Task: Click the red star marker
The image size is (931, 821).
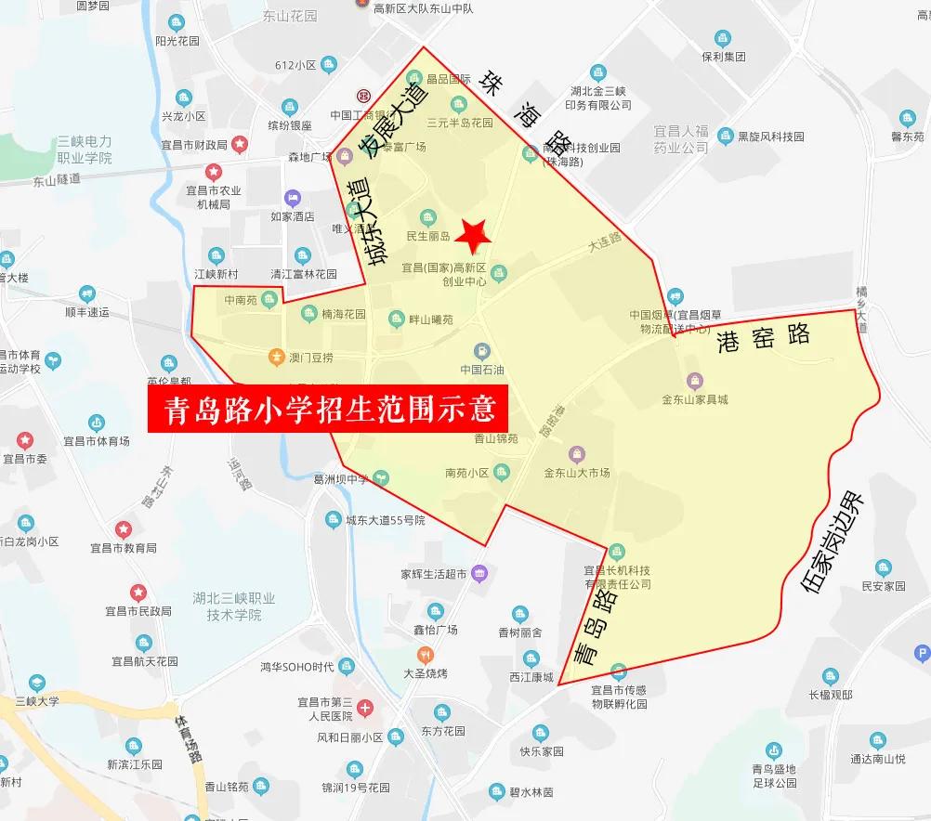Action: [x=475, y=236]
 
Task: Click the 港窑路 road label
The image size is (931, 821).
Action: [x=763, y=340]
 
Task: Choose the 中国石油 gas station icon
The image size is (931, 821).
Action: [x=482, y=350]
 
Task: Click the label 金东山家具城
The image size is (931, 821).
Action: [x=695, y=399]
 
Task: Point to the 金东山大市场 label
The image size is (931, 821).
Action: [x=577, y=473]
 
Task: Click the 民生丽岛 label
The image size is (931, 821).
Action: [x=428, y=236]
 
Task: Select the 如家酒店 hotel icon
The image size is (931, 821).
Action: [x=293, y=197]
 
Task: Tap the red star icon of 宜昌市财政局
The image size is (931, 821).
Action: [x=240, y=144]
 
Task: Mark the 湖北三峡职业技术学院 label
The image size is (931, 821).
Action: [x=222, y=606]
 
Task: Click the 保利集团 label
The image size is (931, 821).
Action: [x=724, y=56]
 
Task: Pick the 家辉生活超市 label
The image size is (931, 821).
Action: [x=433, y=573]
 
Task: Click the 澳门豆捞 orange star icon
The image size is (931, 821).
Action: [x=276, y=356]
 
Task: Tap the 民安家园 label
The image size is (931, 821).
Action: [x=883, y=586]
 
